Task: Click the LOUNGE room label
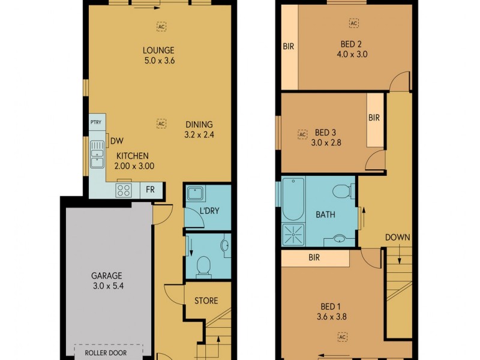158,50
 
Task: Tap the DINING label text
199,124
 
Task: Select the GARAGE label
106,276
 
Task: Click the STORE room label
206,301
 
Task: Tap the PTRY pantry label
95,122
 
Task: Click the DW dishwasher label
116,142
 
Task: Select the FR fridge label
150,190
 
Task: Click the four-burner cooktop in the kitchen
124,190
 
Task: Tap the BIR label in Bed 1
314,259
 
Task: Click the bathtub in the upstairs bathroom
293,200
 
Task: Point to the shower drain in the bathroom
293,235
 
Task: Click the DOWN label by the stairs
398,238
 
